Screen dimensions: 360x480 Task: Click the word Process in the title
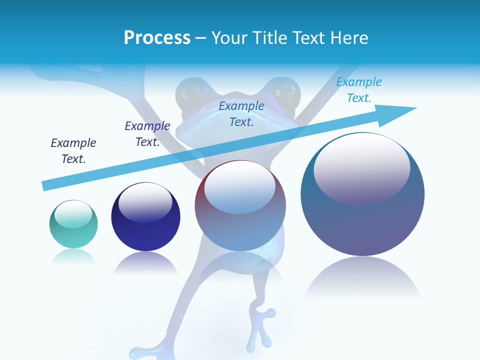click(157, 38)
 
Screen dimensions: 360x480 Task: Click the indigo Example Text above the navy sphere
click(147, 134)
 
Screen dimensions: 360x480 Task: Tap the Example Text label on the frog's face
click(241, 113)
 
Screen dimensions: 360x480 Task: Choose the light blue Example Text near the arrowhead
click(359, 90)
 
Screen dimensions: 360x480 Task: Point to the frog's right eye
click(285, 92)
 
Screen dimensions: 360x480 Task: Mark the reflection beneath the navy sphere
click(145, 262)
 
